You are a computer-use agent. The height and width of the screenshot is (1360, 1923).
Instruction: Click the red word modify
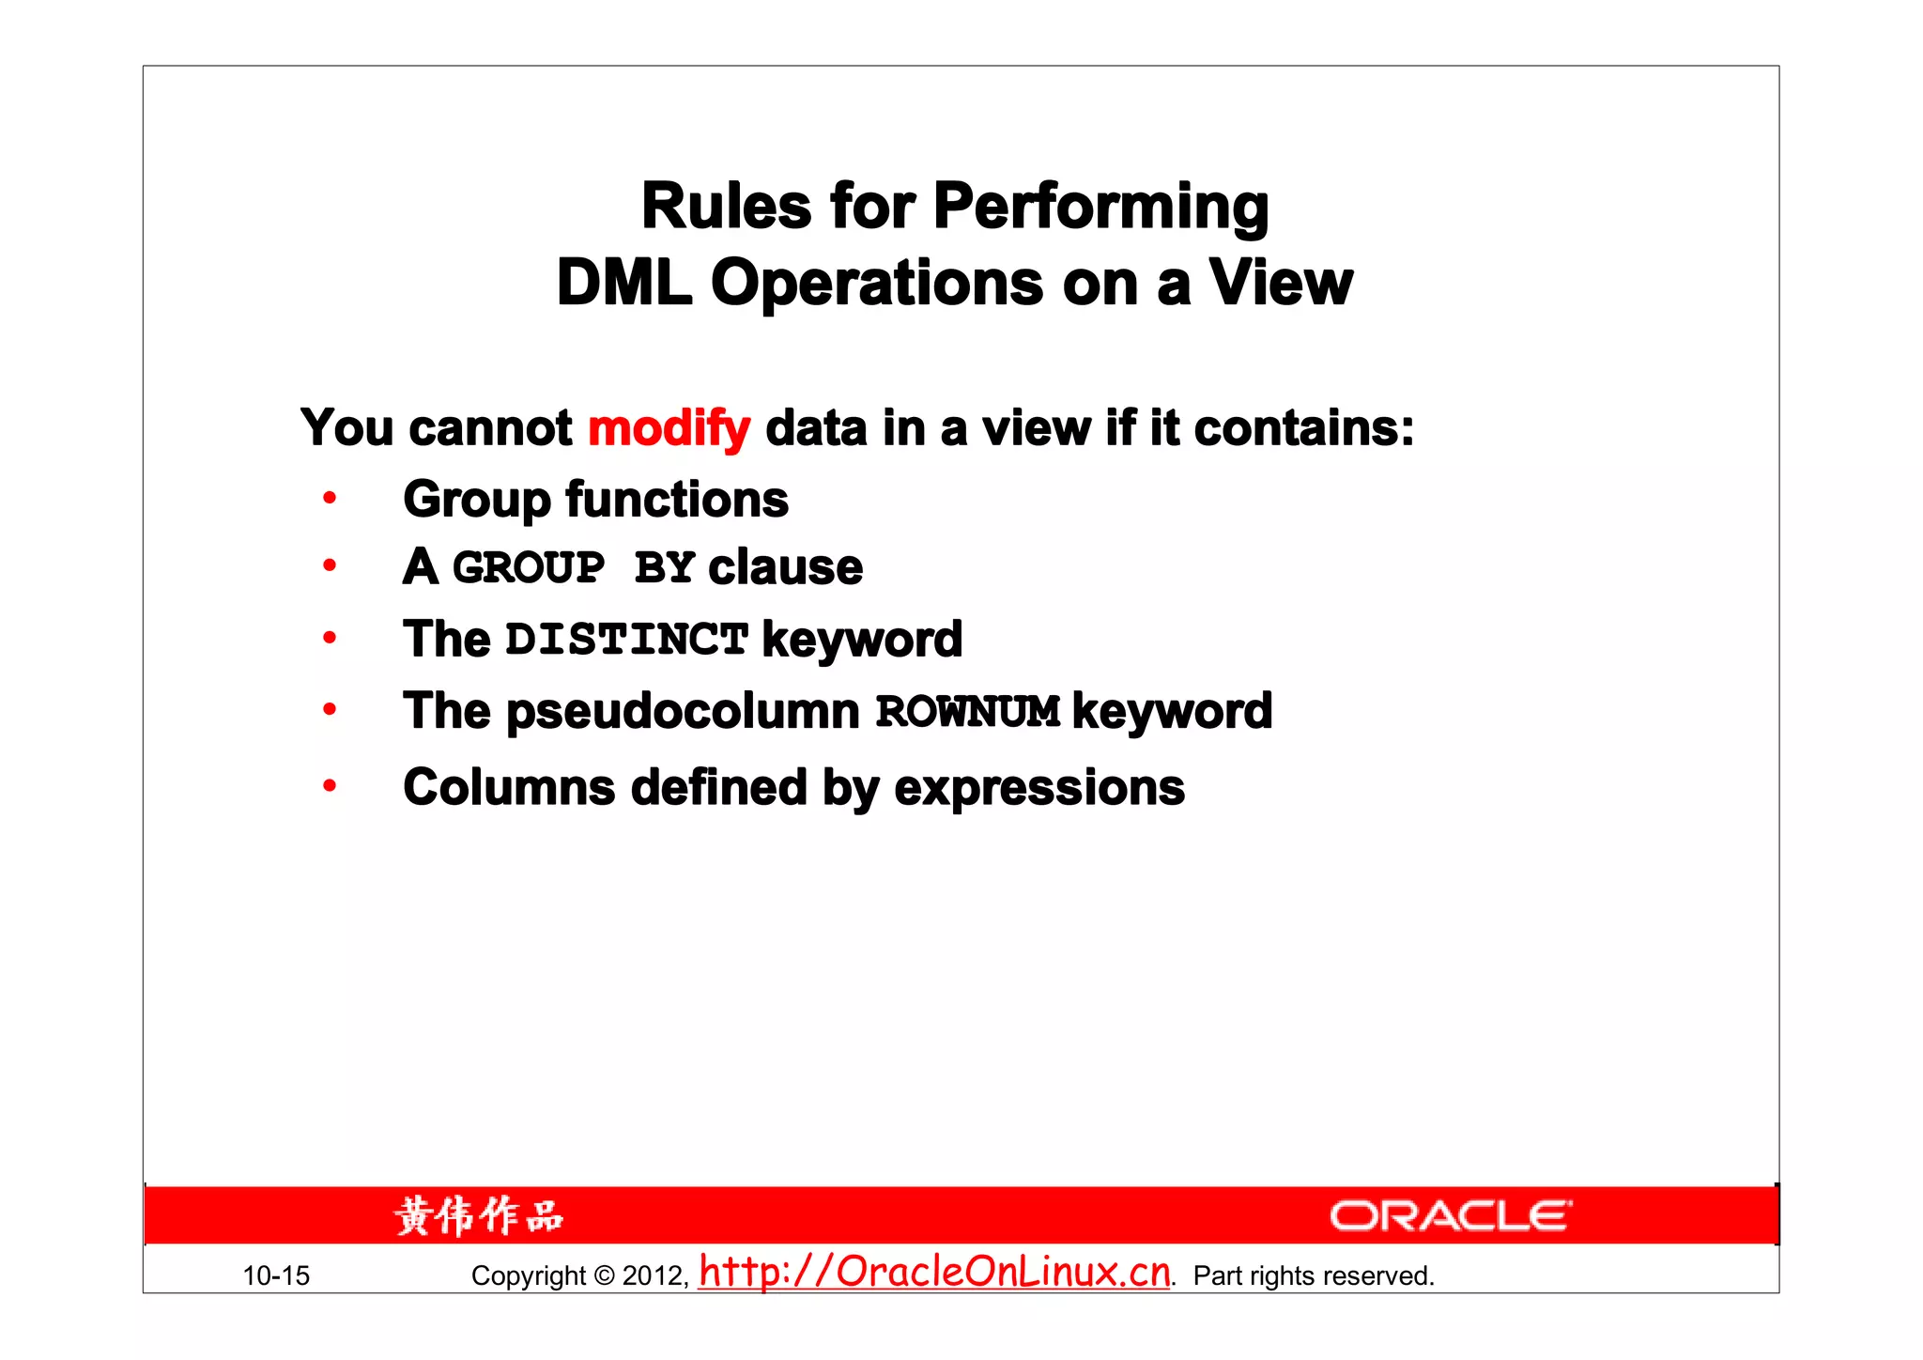(669, 429)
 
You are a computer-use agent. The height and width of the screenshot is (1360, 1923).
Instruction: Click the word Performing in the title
(1100, 208)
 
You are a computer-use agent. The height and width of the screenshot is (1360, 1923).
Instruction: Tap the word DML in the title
(623, 283)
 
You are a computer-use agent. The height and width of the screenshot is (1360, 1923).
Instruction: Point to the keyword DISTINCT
(626, 640)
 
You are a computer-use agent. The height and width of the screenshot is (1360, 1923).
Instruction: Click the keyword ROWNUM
(968, 712)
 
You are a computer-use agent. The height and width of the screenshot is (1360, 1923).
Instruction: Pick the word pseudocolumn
(683, 711)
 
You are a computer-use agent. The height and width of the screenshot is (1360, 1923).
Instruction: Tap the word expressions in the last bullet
(1038, 788)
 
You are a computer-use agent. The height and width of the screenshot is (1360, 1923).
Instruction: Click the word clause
(785, 567)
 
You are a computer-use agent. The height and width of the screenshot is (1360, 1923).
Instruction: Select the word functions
(676, 499)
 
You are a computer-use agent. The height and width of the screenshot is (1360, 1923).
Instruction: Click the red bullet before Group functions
(330, 498)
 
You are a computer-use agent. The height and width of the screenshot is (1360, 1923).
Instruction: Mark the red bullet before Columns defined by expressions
(330, 785)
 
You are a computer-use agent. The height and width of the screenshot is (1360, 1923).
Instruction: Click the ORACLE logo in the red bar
(1450, 1216)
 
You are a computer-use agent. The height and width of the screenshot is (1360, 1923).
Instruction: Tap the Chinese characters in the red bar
(479, 1216)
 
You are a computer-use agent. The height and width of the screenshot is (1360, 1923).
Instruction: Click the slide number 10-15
(276, 1275)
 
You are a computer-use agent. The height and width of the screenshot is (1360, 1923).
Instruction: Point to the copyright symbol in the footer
(604, 1275)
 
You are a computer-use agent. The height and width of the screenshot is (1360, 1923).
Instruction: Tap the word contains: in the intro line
(1303, 429)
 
